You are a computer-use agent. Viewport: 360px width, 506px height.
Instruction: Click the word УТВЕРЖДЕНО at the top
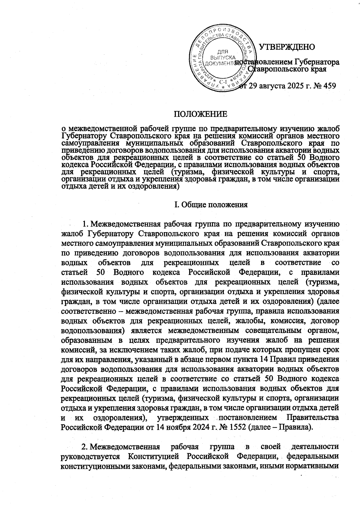[x=287, y=47]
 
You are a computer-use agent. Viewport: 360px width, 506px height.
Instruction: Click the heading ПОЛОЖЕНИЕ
[x=201, y=114]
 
